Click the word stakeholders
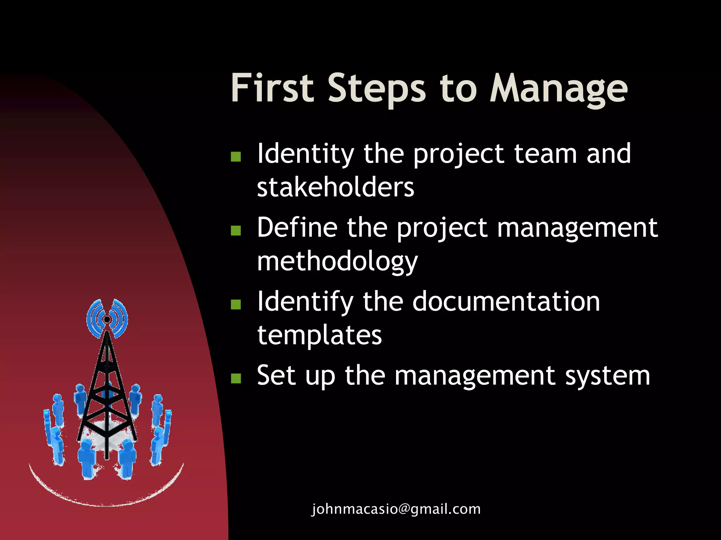[x=336, y=187]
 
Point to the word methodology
[x=337, y=262]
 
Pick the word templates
[x=319, y=335]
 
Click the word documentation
[x=506, y=302]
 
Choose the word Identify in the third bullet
[x=305, y=302]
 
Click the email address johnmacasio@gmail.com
[x=396, y=509]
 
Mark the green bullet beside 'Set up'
[x=236, y=378]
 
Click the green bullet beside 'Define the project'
[x=236, y=230]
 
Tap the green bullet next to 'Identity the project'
[x=236, y=156]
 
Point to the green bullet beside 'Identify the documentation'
[x=236, y=304]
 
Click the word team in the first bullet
[x=545, y=154]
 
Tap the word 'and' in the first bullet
[x=609, y=154]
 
